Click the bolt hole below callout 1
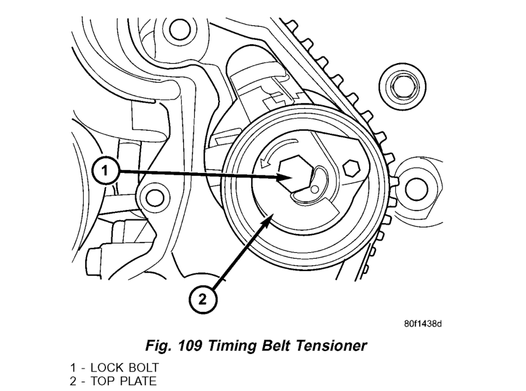click(x=153, y=196)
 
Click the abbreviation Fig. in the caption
click(x=154, y=346)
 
